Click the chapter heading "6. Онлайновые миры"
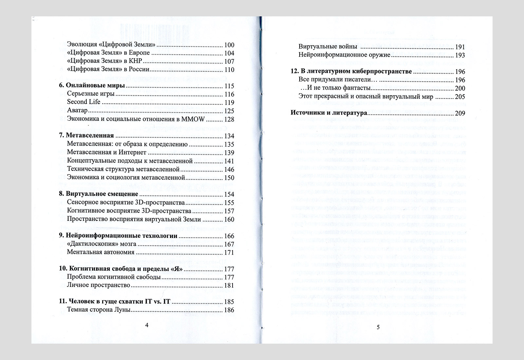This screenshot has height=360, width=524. pos(92,86)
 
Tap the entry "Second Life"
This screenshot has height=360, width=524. pos(84,102)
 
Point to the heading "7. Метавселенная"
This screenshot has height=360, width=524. pos(86,135)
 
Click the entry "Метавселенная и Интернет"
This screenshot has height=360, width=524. pos(106,152)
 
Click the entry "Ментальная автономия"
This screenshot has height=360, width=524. pos(101,252)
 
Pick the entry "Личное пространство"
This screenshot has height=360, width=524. pos(99,285)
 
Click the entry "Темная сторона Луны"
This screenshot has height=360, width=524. pos(99,310)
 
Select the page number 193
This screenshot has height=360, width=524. pos(460,55)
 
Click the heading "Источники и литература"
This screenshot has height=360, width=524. pos(329,113)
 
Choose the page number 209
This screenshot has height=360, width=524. pos(460,114)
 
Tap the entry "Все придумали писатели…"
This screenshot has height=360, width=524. pos(335,80)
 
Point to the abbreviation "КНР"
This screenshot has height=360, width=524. pos(136,61)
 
